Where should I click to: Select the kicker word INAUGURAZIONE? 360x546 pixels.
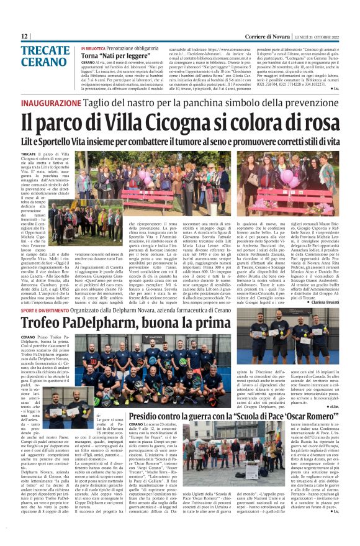point(50,104)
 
